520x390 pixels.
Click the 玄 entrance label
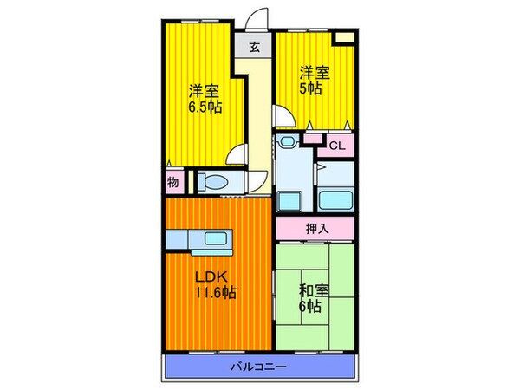pyautogui.click(x=255, y=47)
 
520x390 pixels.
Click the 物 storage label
pyautogui.click(x=172, y=182)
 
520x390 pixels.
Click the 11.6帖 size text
pyautogui.click(x=215, y=293)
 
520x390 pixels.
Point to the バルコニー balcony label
pyautogui.click(x=258, y=367)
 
